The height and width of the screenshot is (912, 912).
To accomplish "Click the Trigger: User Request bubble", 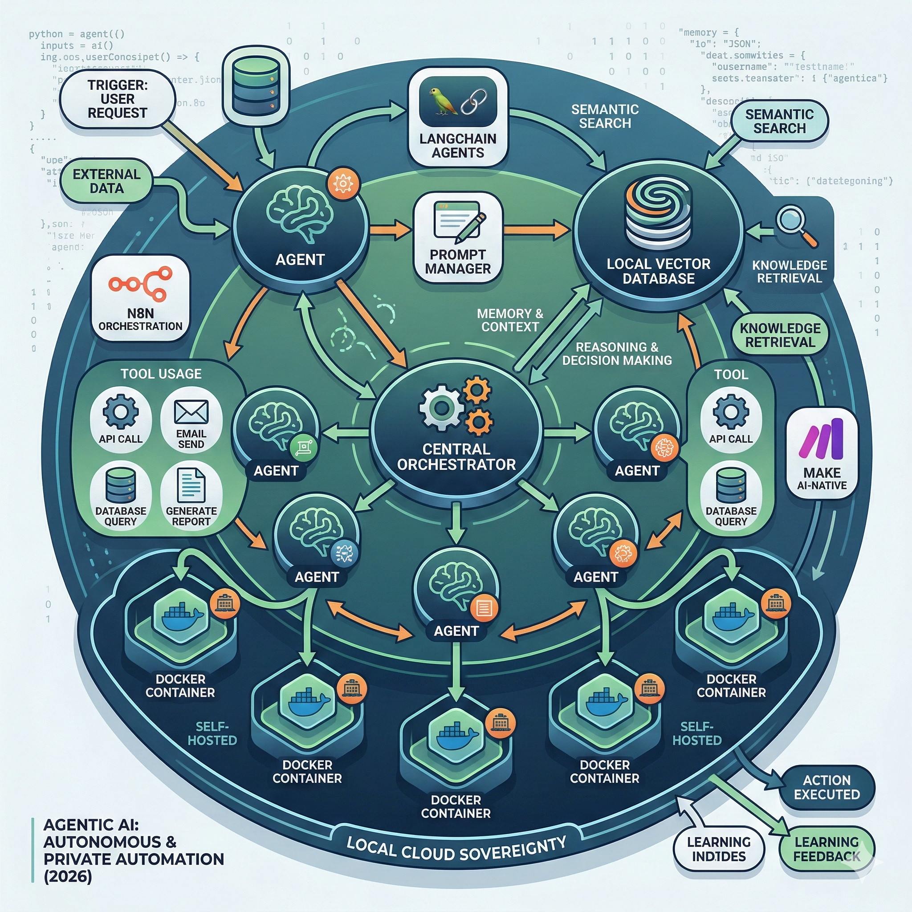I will pyautogui.click(x=117, y=99).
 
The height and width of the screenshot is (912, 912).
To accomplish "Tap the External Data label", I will pyautogui.click(x=107, y=181).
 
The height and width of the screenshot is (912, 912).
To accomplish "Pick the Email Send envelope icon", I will pyautogui.click(x=191, y=411).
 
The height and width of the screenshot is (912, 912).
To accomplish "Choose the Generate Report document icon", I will pyautogui.click(x=191, y=485).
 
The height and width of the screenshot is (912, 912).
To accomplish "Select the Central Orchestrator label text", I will pyautogui.click(x=456, y=456).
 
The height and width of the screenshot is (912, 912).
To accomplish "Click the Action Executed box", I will pyautogui.click(x=826, y=787).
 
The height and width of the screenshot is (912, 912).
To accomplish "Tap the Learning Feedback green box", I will pyautogui.click(x=826, y=849).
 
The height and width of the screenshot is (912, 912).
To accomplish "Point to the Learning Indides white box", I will pyautogui.click(x=718, y=849).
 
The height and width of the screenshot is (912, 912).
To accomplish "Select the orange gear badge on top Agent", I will pyautogui.click(x=343, y=183).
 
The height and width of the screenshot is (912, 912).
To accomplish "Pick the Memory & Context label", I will pyautogui.click(x=510, y=320).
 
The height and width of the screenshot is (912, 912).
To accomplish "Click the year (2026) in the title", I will pyautogui.click(x=68, y=876).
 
